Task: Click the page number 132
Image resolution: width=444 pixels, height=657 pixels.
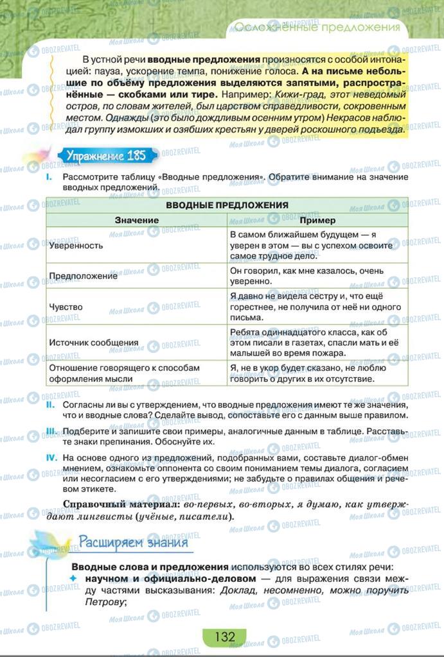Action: tap(224, 636)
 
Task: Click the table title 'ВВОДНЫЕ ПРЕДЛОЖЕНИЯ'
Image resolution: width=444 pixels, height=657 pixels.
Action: tap(227, 205)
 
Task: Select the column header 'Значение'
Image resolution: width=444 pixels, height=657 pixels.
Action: tap(137, 220)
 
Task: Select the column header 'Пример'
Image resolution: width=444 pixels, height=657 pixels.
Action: tap(317, 220)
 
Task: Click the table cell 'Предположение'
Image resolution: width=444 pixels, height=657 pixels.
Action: tap(83, 276)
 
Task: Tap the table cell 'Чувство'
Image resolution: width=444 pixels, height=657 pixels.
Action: tap(66, 307)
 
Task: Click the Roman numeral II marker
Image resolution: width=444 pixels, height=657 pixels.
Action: tap(50, 405)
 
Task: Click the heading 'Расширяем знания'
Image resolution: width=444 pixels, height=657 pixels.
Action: tap(133, 542)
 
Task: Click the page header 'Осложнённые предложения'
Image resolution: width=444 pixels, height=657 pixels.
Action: tap(316, 27)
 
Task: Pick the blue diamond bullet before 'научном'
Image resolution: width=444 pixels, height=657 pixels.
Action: tap(74, 579)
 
